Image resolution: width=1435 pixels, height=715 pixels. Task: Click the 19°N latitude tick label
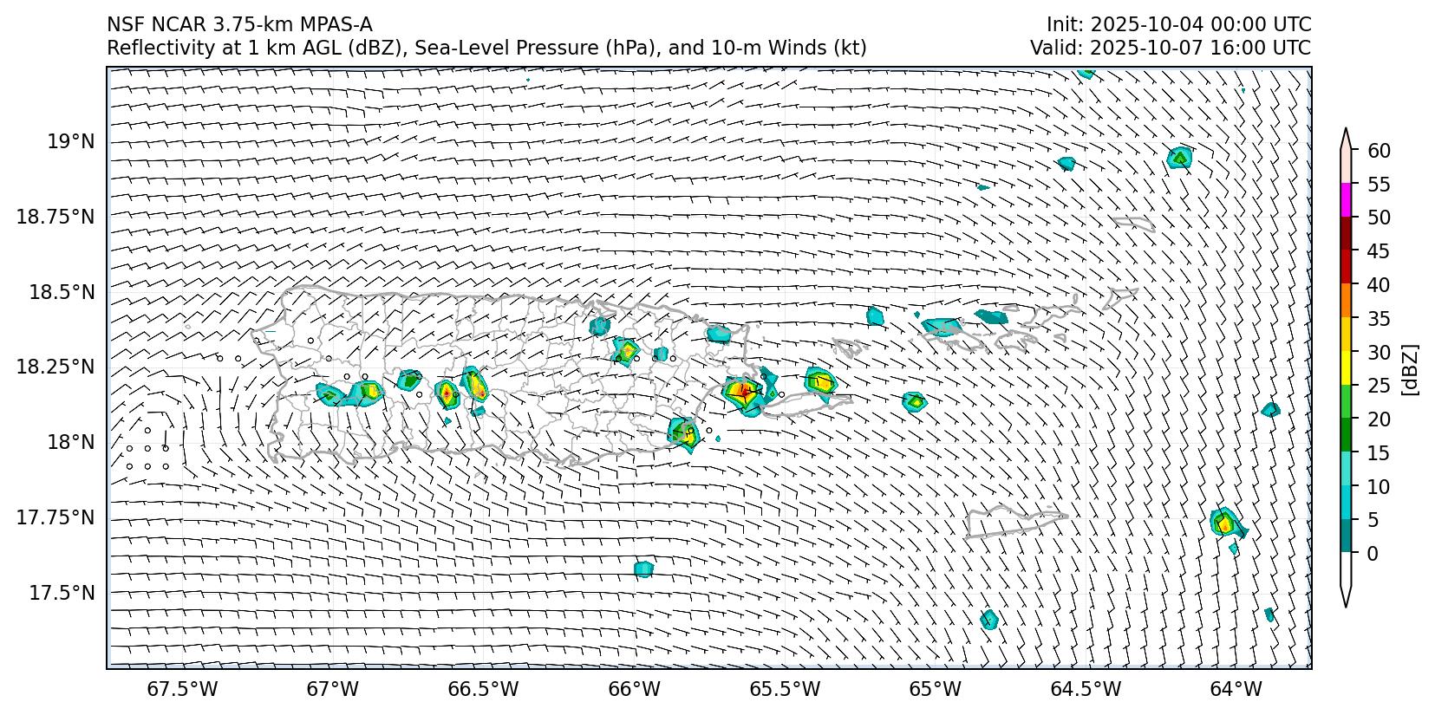coord(70,141)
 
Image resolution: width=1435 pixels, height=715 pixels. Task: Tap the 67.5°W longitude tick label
coord(182,689)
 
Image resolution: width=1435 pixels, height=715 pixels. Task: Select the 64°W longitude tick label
coord(1236,689)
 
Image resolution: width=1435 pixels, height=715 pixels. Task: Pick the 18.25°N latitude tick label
coord(55,367)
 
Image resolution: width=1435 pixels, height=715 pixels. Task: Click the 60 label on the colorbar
coord(1379,151)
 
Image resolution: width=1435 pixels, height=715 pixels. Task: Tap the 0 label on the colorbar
coord(1371,553)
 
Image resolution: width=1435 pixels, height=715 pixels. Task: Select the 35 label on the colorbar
coord(1379,319)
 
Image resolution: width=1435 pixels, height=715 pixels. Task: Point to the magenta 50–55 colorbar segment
coord(1347,200)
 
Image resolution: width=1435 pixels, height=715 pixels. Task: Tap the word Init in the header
coord(1061,24)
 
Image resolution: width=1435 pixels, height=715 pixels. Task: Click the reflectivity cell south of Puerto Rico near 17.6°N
coord(642,569)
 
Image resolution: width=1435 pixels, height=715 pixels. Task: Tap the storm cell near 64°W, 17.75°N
coord(1224,523)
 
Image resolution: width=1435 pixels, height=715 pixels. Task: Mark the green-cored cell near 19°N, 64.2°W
coord(1179,157)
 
